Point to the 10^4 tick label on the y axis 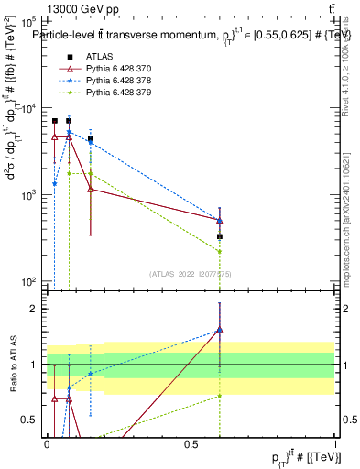(x=29, y=107)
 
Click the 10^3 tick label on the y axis (x=29, y=195)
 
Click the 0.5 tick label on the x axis (x=191, y=444)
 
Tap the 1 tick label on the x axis (x=335, y=444)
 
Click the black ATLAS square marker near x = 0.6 (x=220, y=236)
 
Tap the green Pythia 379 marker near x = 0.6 (x=220, y=251)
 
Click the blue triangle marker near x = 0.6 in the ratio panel (x=220, y=330)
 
